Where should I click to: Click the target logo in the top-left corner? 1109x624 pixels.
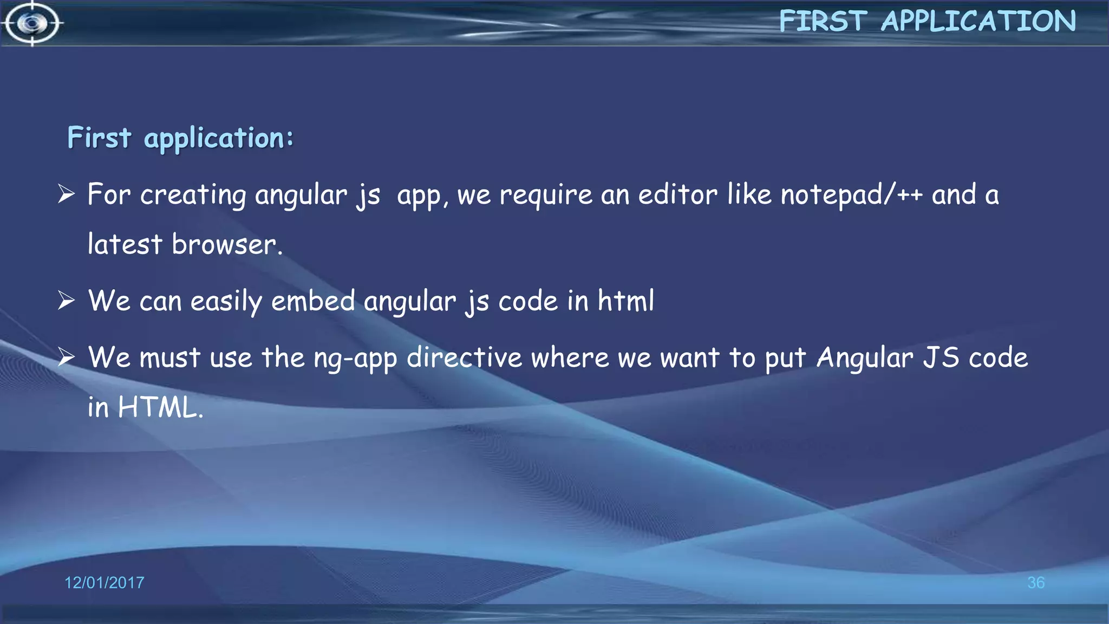(x=32, y=23)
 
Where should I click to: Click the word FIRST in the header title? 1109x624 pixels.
(x=823, y=22)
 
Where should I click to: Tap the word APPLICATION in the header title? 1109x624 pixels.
(x=978, y=22)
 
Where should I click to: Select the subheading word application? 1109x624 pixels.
(x=218, y=138)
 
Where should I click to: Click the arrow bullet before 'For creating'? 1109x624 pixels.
(x=66, y=194)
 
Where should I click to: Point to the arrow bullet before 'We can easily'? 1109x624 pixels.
(x=66, y=300)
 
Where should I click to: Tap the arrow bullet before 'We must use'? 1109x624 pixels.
(x=66, y=357)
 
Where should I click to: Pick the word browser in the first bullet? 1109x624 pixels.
(x=225, y=244)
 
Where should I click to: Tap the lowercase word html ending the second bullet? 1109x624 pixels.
(x=626, y=301)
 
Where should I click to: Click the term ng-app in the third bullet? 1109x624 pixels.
(x=355, y=359)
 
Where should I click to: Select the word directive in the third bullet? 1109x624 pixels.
(x=464, y=357)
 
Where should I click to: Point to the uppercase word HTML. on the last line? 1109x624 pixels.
(x=160, y=407)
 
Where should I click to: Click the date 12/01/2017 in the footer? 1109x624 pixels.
(x=104, y=583)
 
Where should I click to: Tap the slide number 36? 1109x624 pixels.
(x=1035, y=583)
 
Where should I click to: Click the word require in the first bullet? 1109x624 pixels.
(x=545, y=195)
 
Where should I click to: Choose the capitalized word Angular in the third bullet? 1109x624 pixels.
(x=865, y=359)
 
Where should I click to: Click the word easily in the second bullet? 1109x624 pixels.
(x=226, y=301)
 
